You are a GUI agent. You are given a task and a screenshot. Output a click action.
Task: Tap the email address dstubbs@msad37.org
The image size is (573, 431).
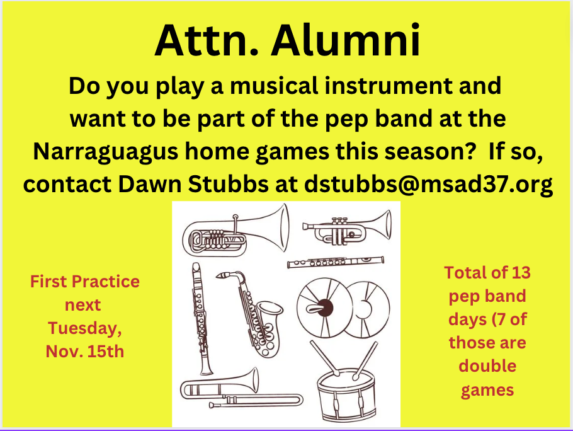coord(428,184)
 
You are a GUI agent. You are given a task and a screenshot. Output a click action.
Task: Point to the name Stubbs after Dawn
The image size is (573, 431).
coord(229,184)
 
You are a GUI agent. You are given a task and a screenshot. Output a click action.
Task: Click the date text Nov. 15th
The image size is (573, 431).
coord(85,352)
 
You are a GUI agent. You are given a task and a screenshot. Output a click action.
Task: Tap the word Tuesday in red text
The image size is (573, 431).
coord(84,328)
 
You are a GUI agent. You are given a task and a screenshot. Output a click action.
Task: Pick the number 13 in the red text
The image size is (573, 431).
coord(521,273)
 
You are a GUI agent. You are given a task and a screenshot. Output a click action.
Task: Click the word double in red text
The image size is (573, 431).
coord(487,366)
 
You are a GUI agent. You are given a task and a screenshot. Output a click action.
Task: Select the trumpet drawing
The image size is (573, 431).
coord(347,227)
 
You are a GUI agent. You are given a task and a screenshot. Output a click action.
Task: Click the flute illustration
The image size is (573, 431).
coord(336,261)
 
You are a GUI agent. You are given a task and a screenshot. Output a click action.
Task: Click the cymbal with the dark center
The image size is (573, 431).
coord(324,307)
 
